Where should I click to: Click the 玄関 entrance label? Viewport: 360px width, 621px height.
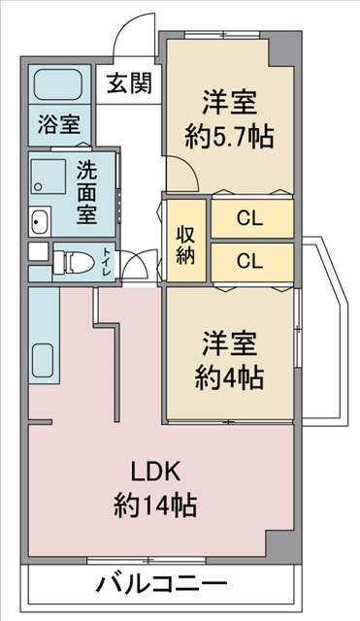(129, 83)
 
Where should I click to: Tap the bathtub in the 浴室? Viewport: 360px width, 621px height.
(58, 84)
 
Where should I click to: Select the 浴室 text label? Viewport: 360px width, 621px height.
(59, 124)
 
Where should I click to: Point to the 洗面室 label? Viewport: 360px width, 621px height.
(86, 193)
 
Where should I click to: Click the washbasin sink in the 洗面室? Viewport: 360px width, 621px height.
(40, 221)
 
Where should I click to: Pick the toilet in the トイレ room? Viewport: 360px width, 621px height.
(74, 262)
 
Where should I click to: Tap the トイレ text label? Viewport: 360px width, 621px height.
(106, 262)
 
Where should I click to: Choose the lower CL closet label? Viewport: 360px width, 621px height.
(250, 260)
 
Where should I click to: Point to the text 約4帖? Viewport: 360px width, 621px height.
(229, 378)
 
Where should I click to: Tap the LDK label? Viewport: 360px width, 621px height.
(156, 472)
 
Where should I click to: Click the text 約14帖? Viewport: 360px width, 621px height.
(155, 506)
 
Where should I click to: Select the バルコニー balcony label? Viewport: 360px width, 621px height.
(162, 584)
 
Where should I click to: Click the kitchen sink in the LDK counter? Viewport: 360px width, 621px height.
(43, 360)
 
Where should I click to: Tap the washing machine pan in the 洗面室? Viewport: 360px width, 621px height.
(49, 177)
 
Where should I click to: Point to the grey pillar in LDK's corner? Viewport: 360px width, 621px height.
(279, 542)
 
